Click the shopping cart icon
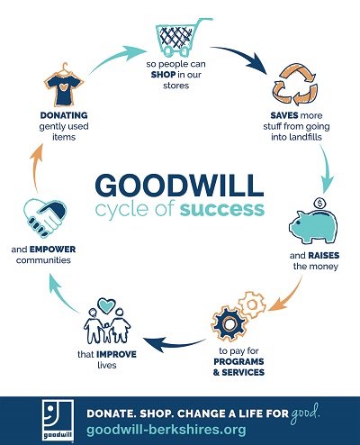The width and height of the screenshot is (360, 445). [x=180, y=38]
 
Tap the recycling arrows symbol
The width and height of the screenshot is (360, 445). [x=295, y=85]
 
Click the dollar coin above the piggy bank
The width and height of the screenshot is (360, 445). [x=319, y=204]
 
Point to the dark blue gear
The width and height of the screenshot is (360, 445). [x=229, y=323]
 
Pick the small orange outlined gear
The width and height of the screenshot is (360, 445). [x=252, y=304]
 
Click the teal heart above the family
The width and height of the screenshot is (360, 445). [x=107, y=305]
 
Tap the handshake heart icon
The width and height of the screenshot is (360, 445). [x=44, y=217]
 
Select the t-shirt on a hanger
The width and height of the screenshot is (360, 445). [x=64, y=86]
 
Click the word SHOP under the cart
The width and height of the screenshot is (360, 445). [x=163, y=75]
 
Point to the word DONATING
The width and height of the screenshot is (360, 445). [x=64, y=115]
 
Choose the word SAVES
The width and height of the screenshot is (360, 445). [x=284, y=115]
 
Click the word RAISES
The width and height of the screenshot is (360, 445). [x=324, y=256]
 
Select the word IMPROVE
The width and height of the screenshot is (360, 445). [x=117, y=354]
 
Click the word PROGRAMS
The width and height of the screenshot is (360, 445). [x=238, y=361]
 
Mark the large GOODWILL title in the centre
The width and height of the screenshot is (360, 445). [x=179, y=185]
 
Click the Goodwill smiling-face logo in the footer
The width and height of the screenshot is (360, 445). [x=58, y=421]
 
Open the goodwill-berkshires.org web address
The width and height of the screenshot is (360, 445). [x=166, y=430]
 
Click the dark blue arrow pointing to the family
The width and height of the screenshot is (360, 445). [x=174, y=344]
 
